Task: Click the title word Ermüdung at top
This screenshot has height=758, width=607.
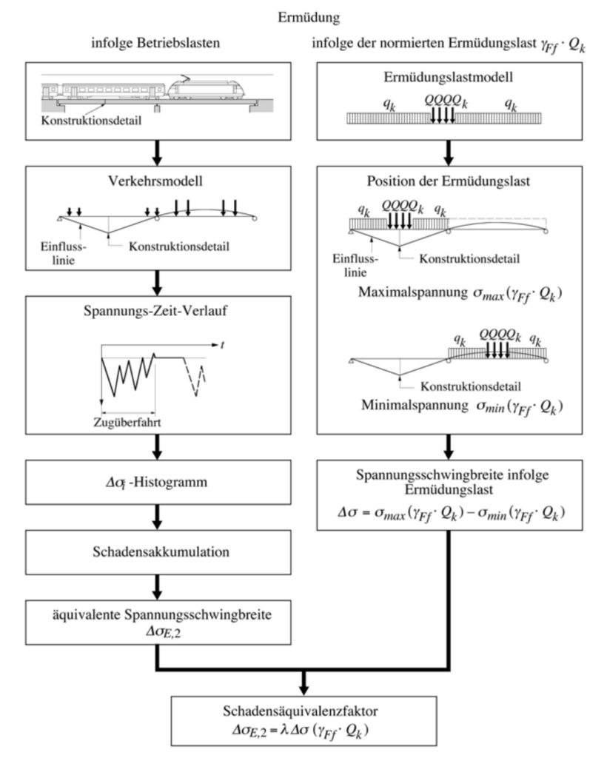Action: click(303, 14)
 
